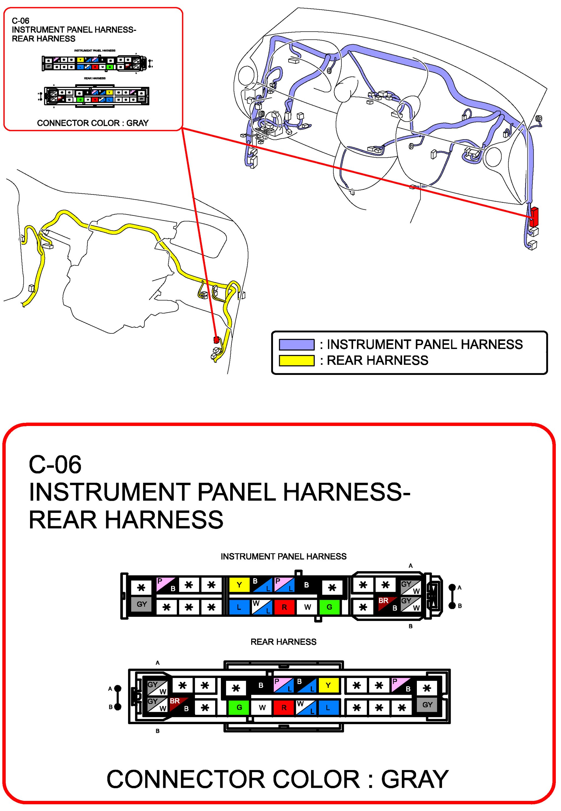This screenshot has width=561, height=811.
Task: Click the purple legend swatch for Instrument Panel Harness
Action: click(296, 345)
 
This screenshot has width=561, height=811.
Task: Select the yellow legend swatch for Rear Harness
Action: click(296, 361)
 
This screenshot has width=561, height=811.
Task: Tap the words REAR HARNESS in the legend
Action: click(378, 360)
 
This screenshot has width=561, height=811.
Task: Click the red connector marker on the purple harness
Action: click(534, 216)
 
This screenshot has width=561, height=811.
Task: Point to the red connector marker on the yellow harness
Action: click(216, 340)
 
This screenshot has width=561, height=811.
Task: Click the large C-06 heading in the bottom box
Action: click(55, 464)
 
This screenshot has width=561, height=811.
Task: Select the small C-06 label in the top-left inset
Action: click(20, 21)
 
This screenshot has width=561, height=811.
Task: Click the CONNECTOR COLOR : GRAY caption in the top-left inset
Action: click(93, 123)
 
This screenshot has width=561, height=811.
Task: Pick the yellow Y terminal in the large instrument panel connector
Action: click(239, 585)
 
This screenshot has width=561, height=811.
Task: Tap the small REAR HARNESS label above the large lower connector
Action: click(283, 642)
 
